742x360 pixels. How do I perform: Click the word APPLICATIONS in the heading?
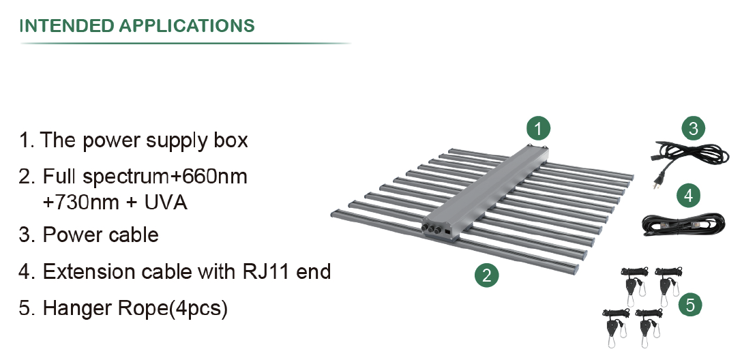coord(187,26)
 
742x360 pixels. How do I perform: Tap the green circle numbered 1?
coord(538,127)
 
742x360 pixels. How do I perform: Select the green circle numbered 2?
coord(486,275)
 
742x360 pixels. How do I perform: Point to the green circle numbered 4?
coord(689,196)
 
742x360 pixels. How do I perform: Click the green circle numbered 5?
coord(690,305)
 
